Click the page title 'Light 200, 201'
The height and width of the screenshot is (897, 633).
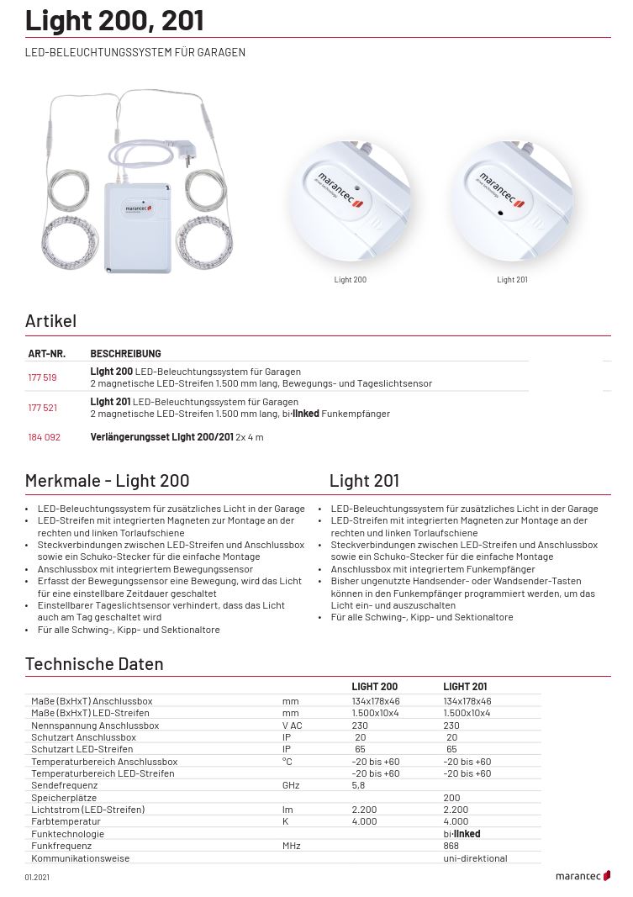[x=113, y=20]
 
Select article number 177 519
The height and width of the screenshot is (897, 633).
[x=42, y=377]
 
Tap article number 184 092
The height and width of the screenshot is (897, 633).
[x=44, y=437]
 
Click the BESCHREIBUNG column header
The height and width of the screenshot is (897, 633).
[x=125, y=354]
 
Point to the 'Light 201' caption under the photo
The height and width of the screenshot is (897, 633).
[x=512, y=280]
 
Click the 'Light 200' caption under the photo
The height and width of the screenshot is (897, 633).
[x=350, y=280]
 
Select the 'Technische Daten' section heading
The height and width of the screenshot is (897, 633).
[x=94, y=664]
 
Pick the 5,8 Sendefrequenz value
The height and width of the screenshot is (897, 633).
[x=358, y=785]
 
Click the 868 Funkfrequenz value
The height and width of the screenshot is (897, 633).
[x=451, y=846]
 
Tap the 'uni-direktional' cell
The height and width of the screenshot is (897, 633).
[x=475, y=858]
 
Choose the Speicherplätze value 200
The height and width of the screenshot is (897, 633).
[x=451, y=797]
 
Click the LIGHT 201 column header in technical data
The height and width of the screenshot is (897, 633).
[x=465, y=687]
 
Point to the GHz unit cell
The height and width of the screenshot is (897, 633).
[x=291, y=785]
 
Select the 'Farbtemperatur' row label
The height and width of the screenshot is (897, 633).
[x=66, y=821]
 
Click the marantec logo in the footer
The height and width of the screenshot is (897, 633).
[x=583, y=876]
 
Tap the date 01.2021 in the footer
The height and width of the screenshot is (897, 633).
[x=37, y=877]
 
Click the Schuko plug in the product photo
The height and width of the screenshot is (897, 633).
[x=187, y=152]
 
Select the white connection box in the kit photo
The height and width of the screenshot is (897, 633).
[x=137, y=227]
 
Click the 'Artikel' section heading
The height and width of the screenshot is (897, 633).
[x=50, y=320]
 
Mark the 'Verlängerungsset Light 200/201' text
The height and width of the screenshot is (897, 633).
[x=161, y=437]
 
